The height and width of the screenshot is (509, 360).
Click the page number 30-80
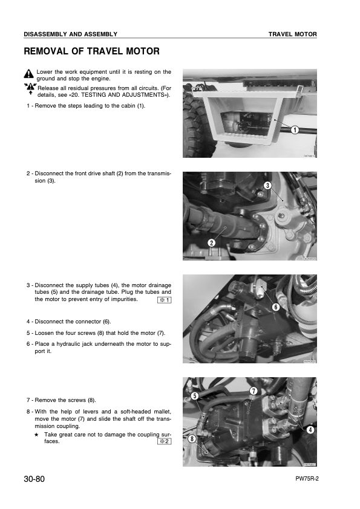pos(35,479)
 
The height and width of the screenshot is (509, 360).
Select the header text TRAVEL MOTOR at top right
pos(293,34)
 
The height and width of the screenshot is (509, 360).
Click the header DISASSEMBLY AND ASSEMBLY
pos(70,34)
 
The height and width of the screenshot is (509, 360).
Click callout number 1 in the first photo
pos(294,129)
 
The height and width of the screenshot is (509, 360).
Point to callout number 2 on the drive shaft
pos(212,242)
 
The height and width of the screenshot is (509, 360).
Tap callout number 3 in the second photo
pos(267,185)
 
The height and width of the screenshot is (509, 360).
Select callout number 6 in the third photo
pos(275,307)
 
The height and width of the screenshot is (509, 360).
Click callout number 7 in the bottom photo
pos(254,391)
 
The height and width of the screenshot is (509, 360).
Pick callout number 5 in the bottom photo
pos(195,396)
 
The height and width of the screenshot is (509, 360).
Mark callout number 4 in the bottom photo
pos(310,430)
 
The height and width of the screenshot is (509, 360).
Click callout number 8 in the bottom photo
pos(192,439)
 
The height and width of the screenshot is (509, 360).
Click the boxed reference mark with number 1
pos(164,300)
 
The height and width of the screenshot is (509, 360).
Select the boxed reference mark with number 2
pos(164,441)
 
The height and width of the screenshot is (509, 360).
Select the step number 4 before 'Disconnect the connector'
pos(28,321)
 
